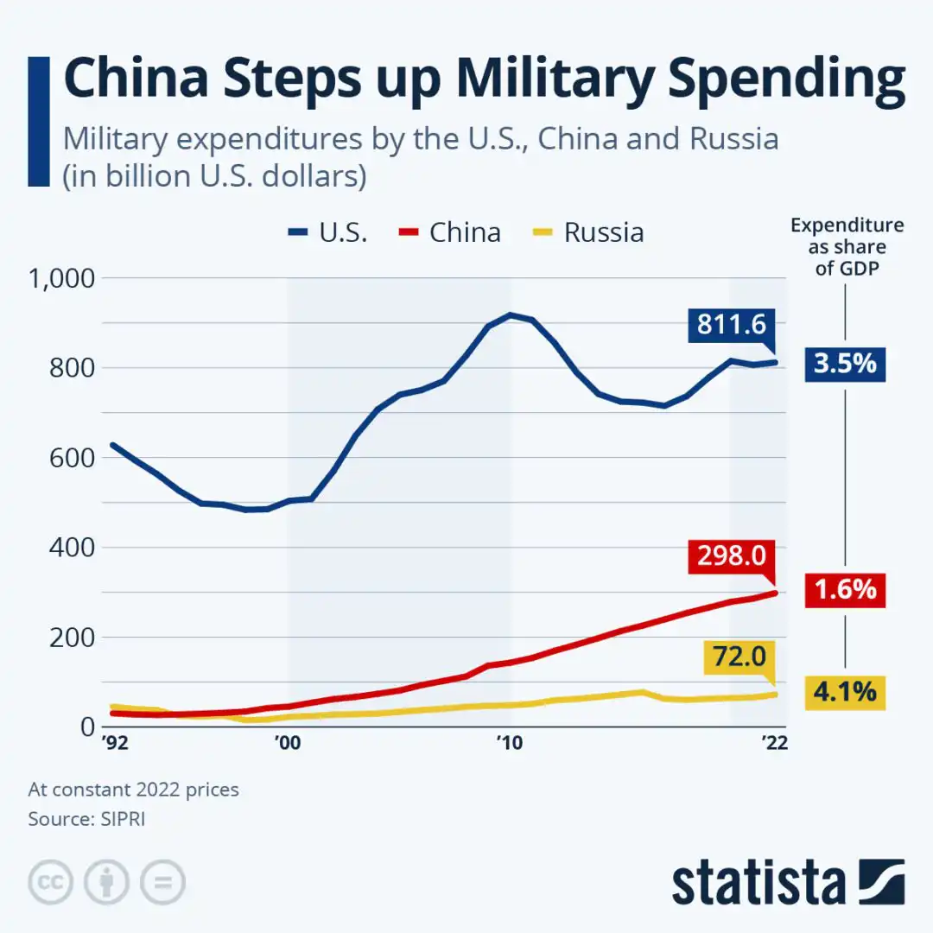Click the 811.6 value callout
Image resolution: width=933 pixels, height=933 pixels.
point(732,325)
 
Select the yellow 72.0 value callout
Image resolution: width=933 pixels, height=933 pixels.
point(740,657)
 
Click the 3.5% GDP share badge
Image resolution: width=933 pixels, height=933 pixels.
point(844,363)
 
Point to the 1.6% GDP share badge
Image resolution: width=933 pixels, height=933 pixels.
point(844,590)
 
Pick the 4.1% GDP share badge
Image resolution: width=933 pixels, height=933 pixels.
point(844,692)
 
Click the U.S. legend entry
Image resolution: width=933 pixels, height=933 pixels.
point(328,232)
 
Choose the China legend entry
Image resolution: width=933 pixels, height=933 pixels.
point(450,232)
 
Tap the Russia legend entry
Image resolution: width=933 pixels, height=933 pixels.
point(588,232)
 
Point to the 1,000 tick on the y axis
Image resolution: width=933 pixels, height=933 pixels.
point(61,278)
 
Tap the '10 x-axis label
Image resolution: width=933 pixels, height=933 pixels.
point(510,744)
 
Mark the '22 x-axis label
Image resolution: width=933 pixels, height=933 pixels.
point(773,744)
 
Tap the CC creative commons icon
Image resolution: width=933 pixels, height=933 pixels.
point(51,882)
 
